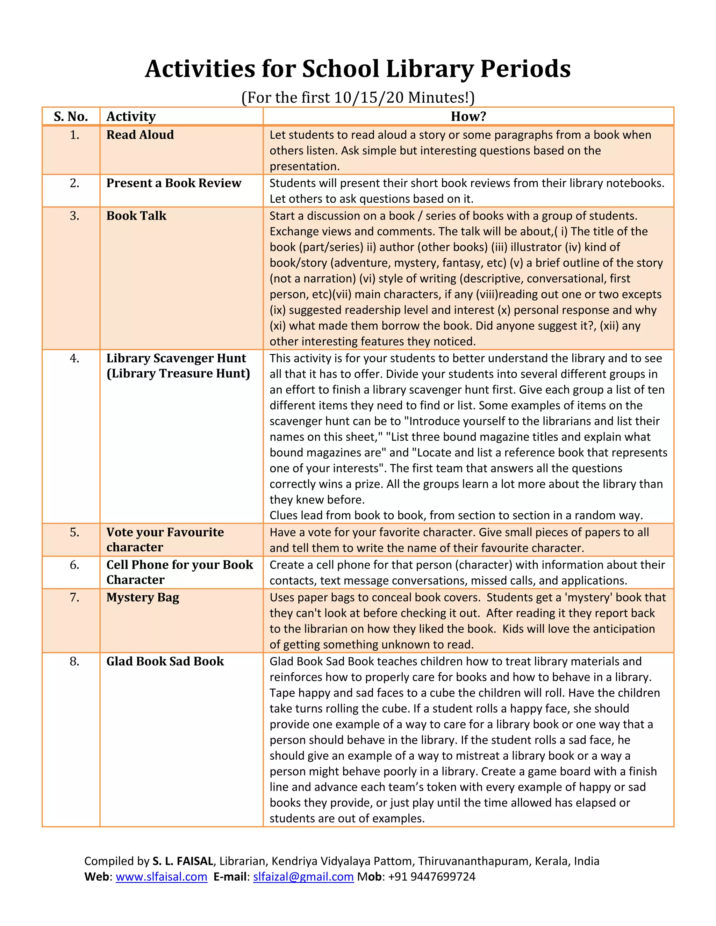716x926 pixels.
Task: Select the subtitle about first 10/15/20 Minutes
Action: [x=358, y=97]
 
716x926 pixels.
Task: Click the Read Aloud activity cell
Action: [x=140, y=135]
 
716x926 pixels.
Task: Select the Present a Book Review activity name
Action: [x=173, y=183]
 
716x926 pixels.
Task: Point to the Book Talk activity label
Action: [x=136, y=216]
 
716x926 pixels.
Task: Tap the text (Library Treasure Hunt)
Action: [x=178, y=374]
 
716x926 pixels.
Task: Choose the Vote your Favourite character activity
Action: [x=165, y=539]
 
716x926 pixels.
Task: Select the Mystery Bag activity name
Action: [x=143, y=598]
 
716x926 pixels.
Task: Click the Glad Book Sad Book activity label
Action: [x=165, y=661]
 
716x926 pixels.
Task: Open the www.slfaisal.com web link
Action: [x=161, y=877]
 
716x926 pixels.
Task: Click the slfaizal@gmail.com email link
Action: [x=303, y=877]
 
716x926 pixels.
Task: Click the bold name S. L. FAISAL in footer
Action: [x=183, y=861]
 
